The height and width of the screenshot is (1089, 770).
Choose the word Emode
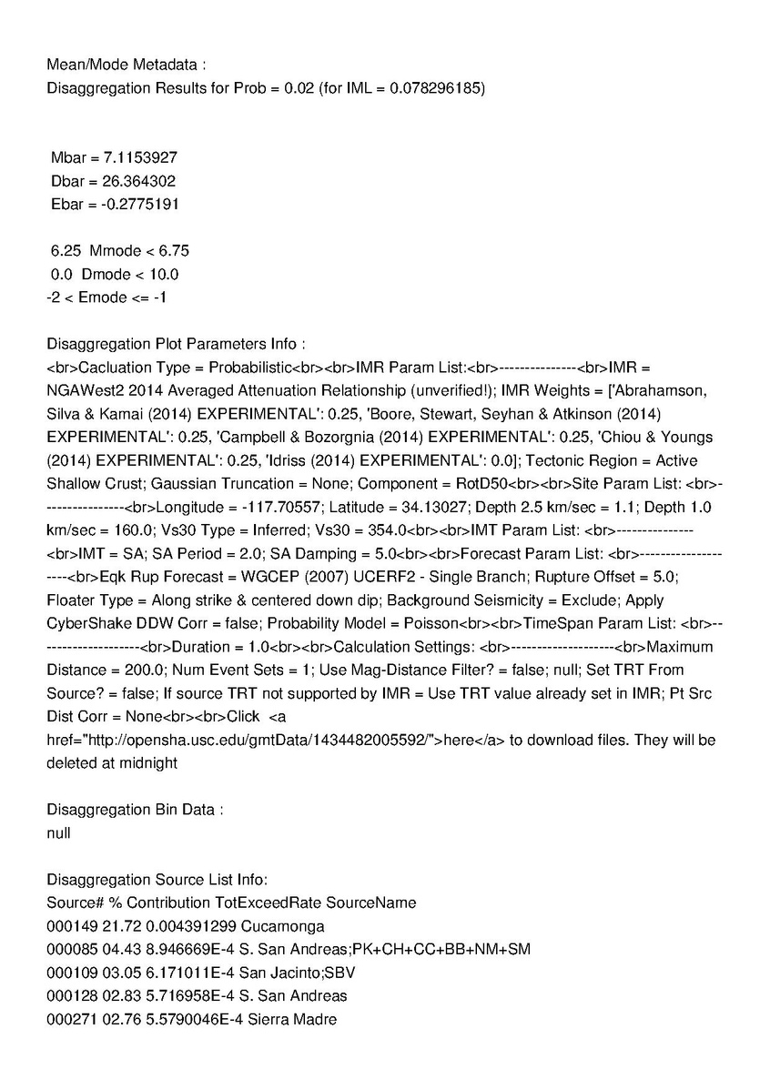[x=103, y=297]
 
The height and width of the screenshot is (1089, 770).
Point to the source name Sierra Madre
[x=296, y=1020]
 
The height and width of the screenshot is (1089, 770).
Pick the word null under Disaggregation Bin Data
[x=58, y=832]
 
